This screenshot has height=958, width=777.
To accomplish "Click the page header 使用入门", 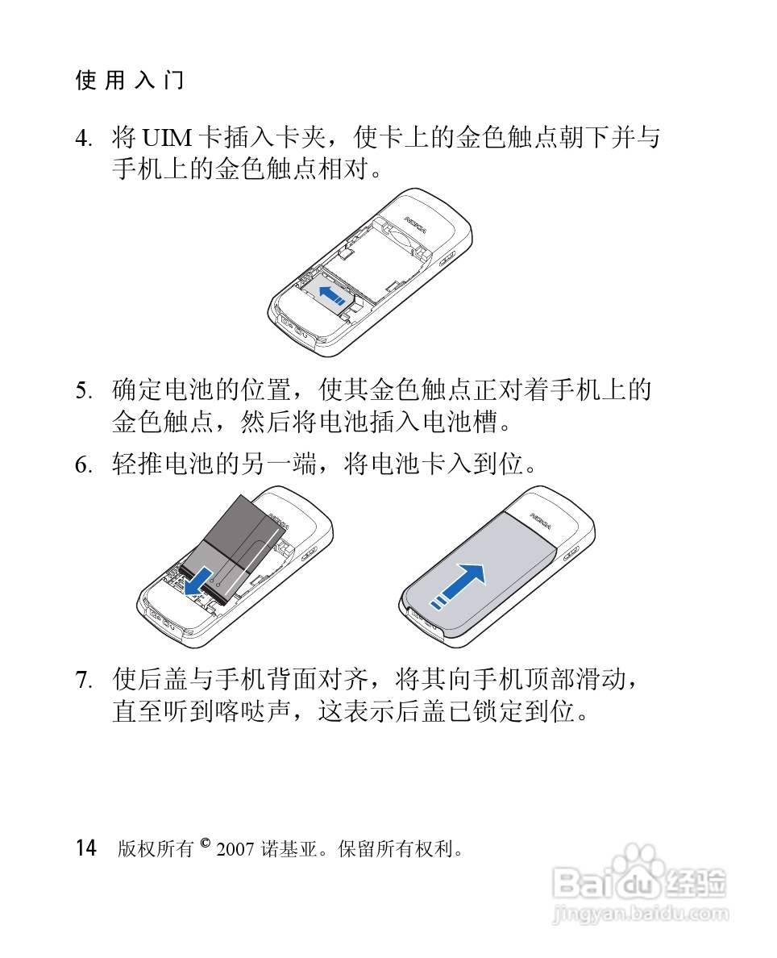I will pos(130,81).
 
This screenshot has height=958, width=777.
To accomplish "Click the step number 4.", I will pos(82,140).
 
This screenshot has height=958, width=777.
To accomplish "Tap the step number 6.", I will pos(82,466).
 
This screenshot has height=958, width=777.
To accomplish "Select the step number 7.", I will pos(82,681).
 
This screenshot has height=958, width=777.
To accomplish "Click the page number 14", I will pos(86,848).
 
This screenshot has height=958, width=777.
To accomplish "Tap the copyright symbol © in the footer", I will pos(205,843).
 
